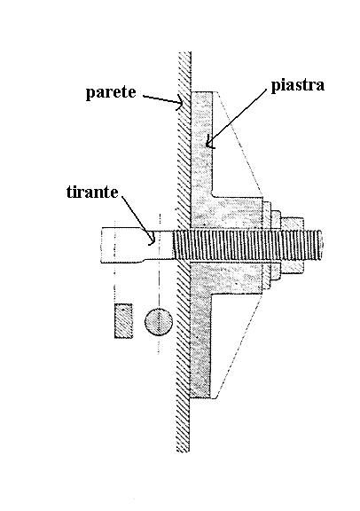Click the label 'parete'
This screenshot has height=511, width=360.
pyautogui.click(x=111, y=92)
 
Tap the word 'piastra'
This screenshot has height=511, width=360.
pyautogui.click(x=298, y=85)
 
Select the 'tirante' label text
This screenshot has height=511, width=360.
pyautogui.click(x=92, y=192)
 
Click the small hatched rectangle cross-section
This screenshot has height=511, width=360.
pyautogui.click(x=123, y=321)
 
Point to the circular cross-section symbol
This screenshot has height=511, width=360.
pyautogui.click(x=159, y=322)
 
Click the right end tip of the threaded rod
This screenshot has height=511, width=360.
pyautogui.click(x=322, y=245)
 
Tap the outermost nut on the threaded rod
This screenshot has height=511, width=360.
pyautogui.click(x=293, y=245)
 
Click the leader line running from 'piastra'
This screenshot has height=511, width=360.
pyautogui.click(x=237, y=118)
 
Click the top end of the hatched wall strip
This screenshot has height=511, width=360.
pyautogui.click(x=184, y=52)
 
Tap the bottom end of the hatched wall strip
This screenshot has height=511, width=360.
pyautogui.click(x=183, y=451)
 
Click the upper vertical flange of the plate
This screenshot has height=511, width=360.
pyautogui.click(x=202, y=144)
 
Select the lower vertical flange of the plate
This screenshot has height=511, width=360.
pyautogui.click(x=200, y=345)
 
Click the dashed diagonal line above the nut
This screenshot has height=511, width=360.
pyautogui.click(x=238, y=144)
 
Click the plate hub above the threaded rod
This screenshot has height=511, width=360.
pyautogui.click(x=227, y=213)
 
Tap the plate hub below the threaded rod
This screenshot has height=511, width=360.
pyautogui.click(x=227, y=277)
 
